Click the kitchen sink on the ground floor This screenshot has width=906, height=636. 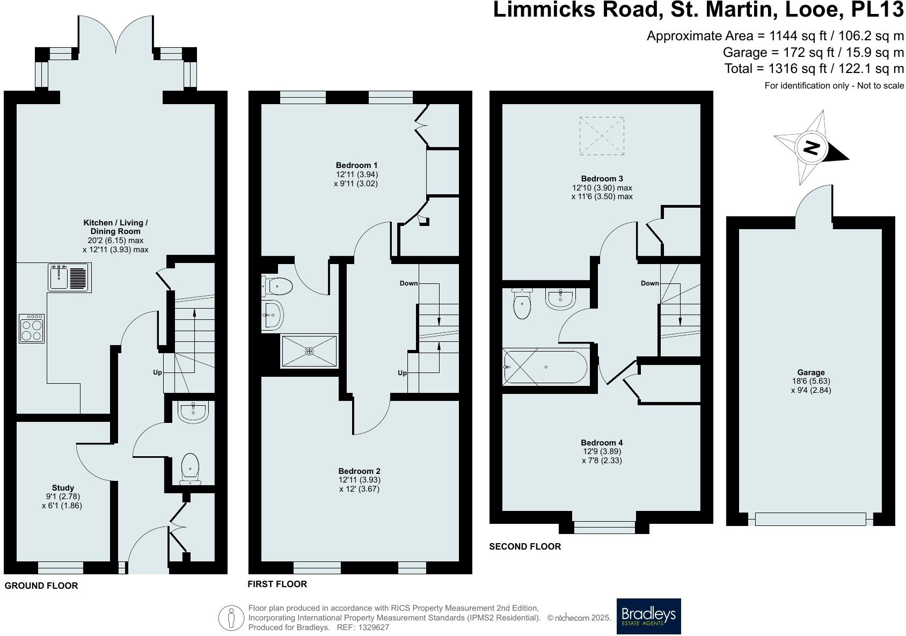pos(69,277)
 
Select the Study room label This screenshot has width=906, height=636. pos(63,488)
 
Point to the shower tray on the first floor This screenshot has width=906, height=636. pos(309,351)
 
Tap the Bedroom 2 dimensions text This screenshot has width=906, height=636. pos(359,484)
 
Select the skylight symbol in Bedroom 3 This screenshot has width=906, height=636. pos(602,136)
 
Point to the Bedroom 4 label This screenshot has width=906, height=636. pos(602,442)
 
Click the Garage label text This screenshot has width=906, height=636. pos(810,372)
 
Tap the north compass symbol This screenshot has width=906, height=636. pos(811,148)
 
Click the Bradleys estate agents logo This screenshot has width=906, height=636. pos(648,616)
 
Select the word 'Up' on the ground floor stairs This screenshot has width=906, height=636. pos(157,372)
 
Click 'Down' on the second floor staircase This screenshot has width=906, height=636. pos(649,283)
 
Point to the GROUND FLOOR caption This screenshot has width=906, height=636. pos(41,586)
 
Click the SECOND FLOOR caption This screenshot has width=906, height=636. pos(524,546)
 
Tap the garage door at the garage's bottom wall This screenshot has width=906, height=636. pos(810,519)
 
